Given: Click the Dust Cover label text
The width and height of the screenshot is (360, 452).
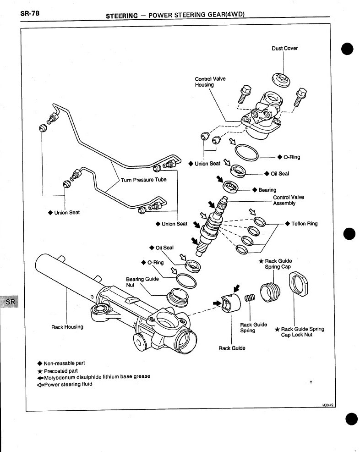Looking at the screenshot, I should tap(284, 48).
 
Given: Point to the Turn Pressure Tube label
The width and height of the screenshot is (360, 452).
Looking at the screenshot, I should tap(143, 180).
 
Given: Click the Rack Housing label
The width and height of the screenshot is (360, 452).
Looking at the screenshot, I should tap(67, 327).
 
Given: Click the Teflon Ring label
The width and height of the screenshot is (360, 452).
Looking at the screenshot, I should tap(304, 224).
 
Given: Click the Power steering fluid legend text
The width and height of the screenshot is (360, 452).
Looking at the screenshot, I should tap(68, 384).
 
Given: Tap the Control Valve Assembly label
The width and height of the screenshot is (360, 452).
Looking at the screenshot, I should tap(288, 200).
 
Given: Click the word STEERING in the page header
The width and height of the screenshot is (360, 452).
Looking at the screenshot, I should tap(122, 15).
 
